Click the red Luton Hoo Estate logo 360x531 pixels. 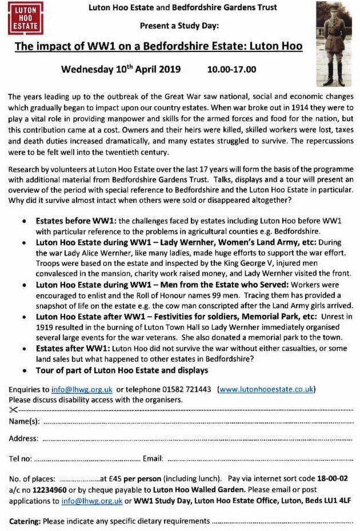coord(25,18)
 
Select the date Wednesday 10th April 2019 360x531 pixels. coord(121,70)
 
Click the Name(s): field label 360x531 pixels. coord(25,421)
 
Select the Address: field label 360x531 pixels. coord(24,439)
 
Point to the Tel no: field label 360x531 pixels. coord(21,458)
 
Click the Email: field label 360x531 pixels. coord(153,458)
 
